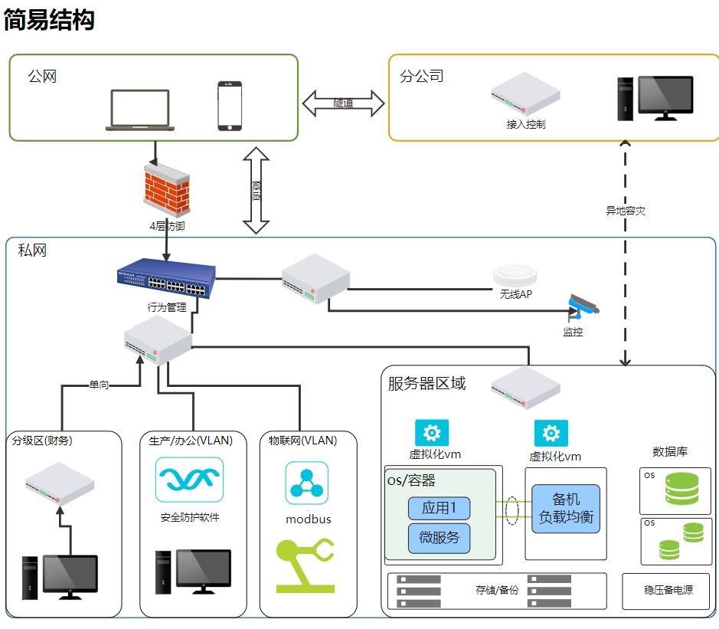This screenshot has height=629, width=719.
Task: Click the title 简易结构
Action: (x=49, y=21)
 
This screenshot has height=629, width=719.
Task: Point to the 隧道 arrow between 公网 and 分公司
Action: (x=343, y=103)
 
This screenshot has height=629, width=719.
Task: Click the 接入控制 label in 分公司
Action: (x=525, y=123)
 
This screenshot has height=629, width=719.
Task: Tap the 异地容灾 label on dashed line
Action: (x=626, y=211)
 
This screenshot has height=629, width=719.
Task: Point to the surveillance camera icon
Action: (x=583, y=307)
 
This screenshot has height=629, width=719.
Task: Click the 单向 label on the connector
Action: (x=99, y=385)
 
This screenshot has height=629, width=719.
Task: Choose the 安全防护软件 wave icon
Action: (x=189, y=480)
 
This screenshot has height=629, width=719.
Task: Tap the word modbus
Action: (x=308, y=519)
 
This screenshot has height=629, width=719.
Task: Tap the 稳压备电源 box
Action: (x=665, y=591)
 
